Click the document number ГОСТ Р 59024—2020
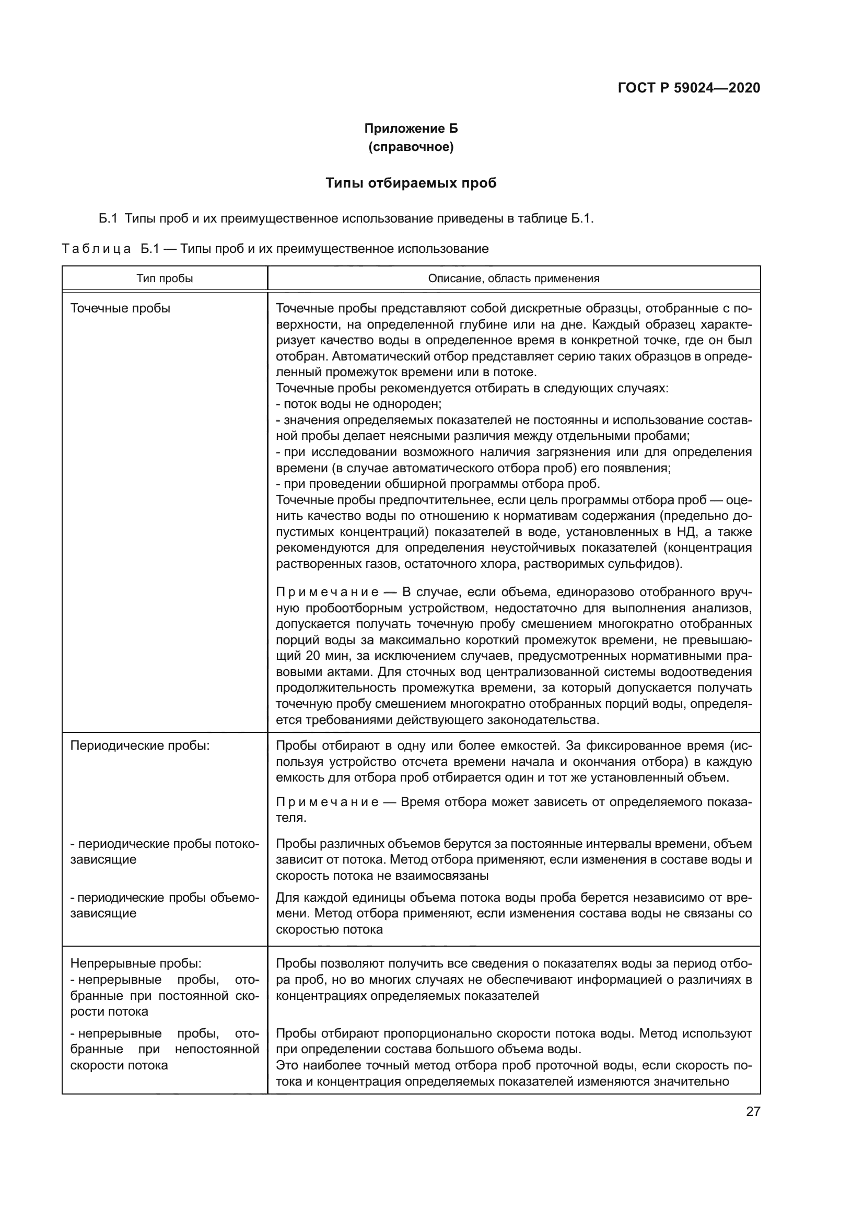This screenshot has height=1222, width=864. [688, 88]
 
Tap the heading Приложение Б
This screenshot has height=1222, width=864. [411, 129]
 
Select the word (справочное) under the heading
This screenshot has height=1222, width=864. [411, 147]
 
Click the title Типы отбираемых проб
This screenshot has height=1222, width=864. [411, 183]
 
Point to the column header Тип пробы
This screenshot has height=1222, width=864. [165, 278]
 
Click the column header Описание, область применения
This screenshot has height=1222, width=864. [513, 278]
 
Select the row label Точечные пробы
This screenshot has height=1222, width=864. [120, 308]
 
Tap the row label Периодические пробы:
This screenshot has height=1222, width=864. [140, 745]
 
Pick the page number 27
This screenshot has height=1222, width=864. [753, 1111]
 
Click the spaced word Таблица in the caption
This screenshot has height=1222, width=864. [96, 249]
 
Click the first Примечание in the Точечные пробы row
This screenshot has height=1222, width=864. [327, 592]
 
